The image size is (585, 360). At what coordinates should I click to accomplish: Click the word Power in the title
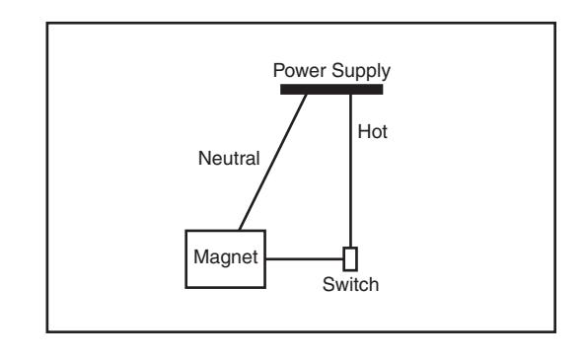[300, 70]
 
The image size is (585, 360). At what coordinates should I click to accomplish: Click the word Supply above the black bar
[361, 72]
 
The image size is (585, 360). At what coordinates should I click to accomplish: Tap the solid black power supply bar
[331, 90]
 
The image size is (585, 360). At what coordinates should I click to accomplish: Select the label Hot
[372, 132]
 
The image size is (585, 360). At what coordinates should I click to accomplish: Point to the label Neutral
[229, 158]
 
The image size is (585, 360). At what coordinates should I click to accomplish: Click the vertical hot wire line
[350, 171]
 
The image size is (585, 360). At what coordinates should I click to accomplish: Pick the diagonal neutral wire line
[272, 163]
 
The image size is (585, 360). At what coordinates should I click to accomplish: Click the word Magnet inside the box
[226, 257]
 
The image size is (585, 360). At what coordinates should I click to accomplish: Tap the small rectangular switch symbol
[350, 258]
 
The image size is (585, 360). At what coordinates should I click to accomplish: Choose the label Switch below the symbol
[350, 285]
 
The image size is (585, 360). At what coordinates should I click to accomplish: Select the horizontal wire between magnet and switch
[305, 258]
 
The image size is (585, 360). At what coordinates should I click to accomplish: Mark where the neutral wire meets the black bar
[306, 95]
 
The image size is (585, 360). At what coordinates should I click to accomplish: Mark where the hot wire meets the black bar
[350, 95]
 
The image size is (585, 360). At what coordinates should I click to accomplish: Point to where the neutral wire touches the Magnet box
[240, 230]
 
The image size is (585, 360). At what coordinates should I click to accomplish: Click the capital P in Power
[279, 70]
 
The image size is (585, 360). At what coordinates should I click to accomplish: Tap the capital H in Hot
[364, 132]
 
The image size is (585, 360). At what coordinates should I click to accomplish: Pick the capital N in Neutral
[205, 158]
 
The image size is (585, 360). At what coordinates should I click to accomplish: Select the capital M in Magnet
[200, 256]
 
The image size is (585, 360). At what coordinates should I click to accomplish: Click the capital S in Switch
[329, 285]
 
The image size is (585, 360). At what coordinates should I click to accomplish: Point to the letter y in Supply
[386, 74]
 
